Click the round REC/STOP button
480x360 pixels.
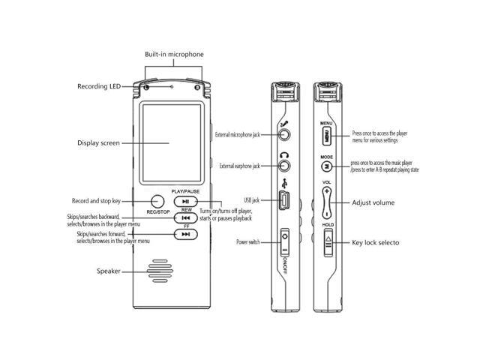click(x=157, y=201)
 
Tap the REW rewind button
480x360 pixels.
click(x=185, y=218)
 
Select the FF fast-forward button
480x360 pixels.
click(x=185, y=235)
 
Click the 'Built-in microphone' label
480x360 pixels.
click(x=174, y=55)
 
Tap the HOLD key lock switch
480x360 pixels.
click(x=328, y=243)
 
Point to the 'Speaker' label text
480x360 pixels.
click(x=108, y=271)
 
